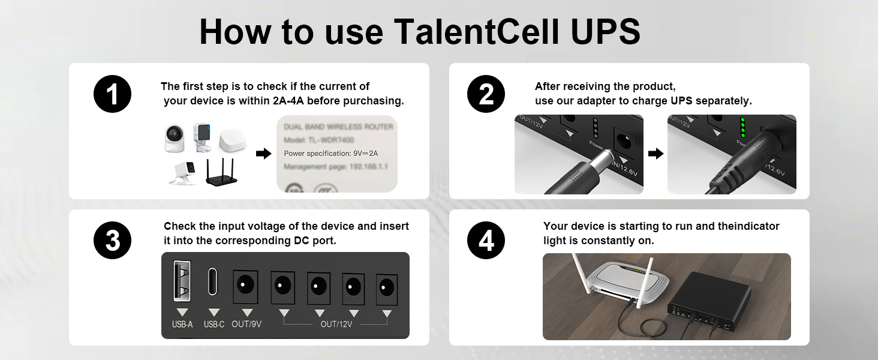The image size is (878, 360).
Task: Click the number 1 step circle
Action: (112, 95)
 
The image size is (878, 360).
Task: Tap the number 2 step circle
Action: (486, 95)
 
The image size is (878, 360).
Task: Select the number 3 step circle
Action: (112, 241)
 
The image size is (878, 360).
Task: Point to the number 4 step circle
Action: (486, 241)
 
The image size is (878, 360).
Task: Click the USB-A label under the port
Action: (182, 324)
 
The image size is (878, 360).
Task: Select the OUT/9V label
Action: (246, 324)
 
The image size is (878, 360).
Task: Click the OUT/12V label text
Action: (336, 324)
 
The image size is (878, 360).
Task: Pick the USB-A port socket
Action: (182, 280)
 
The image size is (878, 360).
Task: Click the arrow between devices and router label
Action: (263, 154)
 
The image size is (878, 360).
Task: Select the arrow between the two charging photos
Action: (656, 154)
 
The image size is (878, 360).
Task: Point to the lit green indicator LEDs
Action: (742, 128)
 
